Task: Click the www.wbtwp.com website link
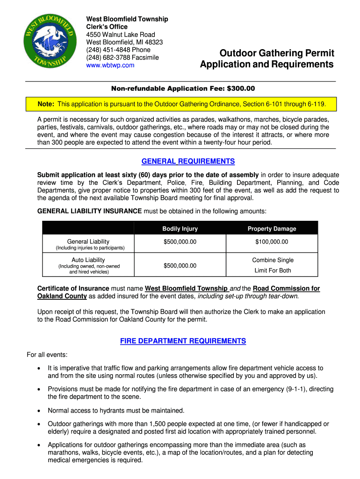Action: tap(110, 65)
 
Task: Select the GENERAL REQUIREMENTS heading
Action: tap(188, 161)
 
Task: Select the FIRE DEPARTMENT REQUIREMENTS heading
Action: tap(183, 341)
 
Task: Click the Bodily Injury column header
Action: tap(180, 229)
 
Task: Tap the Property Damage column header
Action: tap(272, 229)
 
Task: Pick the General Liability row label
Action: tap(88, 242)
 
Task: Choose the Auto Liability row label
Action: tap(88, 260)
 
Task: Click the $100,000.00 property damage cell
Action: tap(272, 242)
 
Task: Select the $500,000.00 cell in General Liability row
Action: tap(180, 242)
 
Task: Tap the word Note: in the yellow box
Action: tap(47, 103)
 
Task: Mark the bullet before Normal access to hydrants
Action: tap(39, 411)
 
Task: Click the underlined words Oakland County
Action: tap(62, 296)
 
